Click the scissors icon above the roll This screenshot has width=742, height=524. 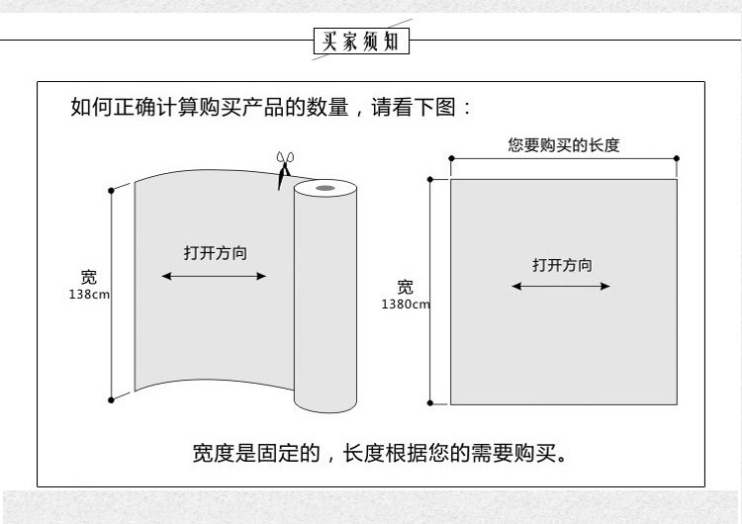click(x=285, y=168)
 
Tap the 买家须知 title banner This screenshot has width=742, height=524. click(x=360, y=42)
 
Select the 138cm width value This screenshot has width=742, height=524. click(x=90, y=296)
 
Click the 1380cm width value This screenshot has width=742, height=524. click(x=407, y=305)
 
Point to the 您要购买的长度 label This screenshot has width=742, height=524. click(x=564, y=145)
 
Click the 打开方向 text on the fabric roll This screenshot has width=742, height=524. click(x=215, y=253)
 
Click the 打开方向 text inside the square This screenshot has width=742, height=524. click(x=562, y=265)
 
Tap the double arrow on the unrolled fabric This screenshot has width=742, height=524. click(x=215, y=276)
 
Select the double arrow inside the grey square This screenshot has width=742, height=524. click(x=562, y=287)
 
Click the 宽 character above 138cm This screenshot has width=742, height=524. click(x=90, y=279)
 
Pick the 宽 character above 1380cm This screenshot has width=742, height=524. click(x=406, y=288)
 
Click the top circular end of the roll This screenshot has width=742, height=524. click(x=324, y=187)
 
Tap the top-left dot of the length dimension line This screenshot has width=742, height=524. click(x=451, y=158)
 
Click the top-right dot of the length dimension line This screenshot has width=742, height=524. click(x=677, y=158)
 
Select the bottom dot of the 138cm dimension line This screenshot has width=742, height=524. click(x=111, y=399)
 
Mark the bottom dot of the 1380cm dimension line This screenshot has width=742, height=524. click(x=430, y=402)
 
